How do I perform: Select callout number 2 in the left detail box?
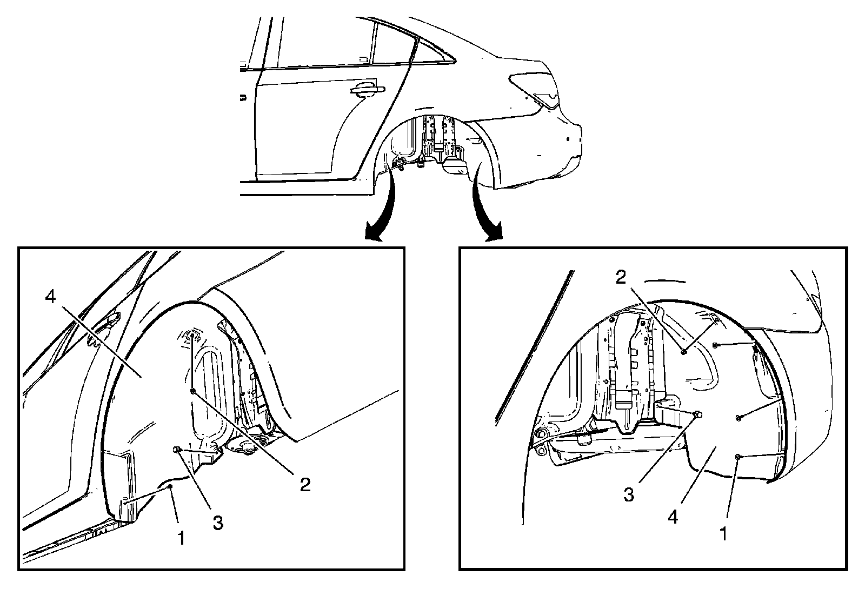pos(305,484)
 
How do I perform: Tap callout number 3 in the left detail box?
pos(217,523)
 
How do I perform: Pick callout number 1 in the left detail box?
pos(182,538)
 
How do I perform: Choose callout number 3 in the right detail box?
pos(628,494)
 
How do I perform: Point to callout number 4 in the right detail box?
pos(673,517)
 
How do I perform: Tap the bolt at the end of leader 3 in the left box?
pos(177,450)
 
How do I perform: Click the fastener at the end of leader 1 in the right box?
pos(738,457)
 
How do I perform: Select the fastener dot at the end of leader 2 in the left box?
pos(193,390)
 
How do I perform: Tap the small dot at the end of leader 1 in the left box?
pos(170,486)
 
